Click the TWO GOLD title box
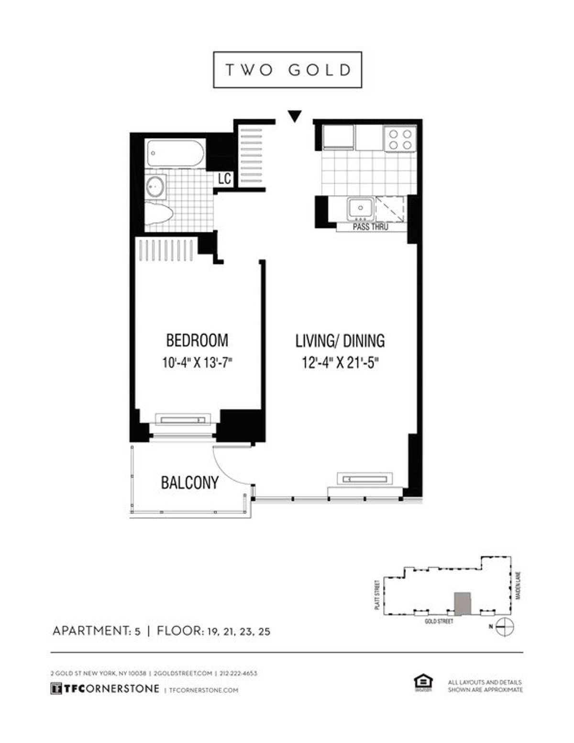pyautogui.click(x=287, y=70)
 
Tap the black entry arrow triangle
pyautogui.click(x=295, y=116)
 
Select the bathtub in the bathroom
pyautogui.click(x=176, y=153)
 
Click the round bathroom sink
pyautogui.click(x=155, y=186)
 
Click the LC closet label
pyautogui.click(x=224, y=179)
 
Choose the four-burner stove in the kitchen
pyautogui.click(x=400, y=139)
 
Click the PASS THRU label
pyautogui.click(x=370, y=227)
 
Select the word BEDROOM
pyautogui.click(x=197, y=340)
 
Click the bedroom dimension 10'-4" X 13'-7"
pyautogui.click(x=197, y=363)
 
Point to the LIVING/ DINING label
pyautogui.click(x=340, y=340)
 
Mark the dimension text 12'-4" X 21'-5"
pyautogui.click(x=340, y=363)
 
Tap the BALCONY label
pyautogui.click(x=189, y=482)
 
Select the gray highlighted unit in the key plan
pyautogui.click(x=462, y=603)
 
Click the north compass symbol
pyautogui.click(x=504, y=626)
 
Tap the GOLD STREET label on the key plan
pyautogui.click(x=439, y=621)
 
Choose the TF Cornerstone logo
pyautogui.click(x=105, y=688)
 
